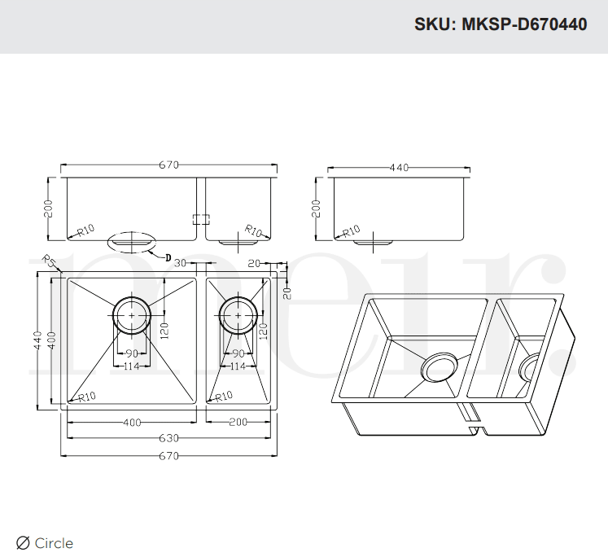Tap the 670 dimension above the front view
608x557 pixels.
pos(168,165)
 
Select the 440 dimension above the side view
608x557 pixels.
pos(398,168)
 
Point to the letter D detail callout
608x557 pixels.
pos(167,258)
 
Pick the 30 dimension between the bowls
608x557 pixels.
pos(180,263)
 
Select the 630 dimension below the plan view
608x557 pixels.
pos(168,438)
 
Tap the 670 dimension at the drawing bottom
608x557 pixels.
pos(168,455)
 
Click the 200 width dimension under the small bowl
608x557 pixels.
pos(238,422)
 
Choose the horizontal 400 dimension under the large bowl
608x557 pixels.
pos(131,422)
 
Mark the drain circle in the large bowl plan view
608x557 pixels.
pos(131,314)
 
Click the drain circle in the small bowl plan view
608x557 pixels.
pos(238,314)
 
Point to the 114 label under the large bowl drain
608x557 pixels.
pos(131,366)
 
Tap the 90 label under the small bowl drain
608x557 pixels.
pos(238,353)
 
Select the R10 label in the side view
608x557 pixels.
pos(352,231)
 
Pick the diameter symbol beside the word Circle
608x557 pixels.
pos(23,543)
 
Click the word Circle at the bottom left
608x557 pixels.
pos(54,543)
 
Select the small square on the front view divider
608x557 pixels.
pos(200,219)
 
